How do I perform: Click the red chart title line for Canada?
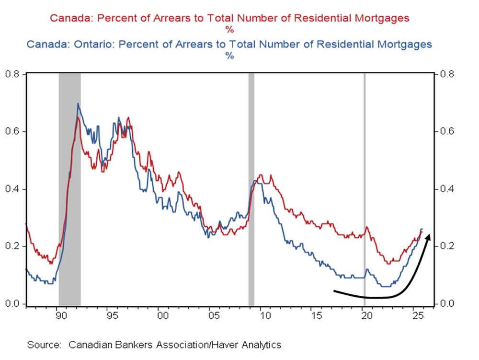click(x=229, y=19)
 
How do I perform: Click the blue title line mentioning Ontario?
click(x=229, y=44)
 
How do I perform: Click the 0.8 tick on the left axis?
click(x=13, y=74)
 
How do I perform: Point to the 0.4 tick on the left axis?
click(x=13, y=189)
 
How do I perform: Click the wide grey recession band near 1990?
click(x=69, y=192)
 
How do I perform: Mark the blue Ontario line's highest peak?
click(x=78, y=104)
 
